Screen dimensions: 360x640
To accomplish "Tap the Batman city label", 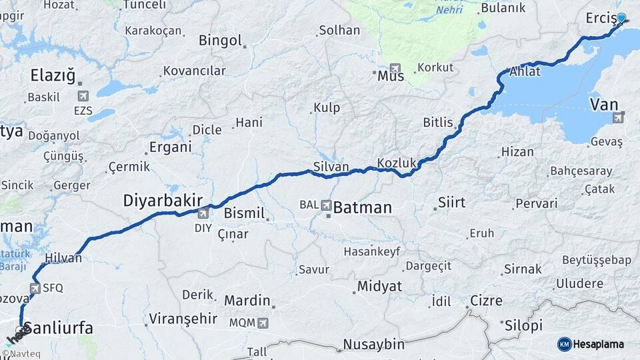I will point(362,207).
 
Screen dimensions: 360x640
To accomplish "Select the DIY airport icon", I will point(203,213).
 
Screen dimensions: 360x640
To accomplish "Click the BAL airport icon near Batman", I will point(327,205).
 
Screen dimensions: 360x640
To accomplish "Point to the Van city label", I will point(604,104).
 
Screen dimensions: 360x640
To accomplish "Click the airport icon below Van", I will point(618,118).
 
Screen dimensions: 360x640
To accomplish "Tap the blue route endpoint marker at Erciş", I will point(621,19).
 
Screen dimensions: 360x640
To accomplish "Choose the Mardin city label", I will point(247,301).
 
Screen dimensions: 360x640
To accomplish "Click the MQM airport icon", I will point(263,323).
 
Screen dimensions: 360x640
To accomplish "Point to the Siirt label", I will point(451,202).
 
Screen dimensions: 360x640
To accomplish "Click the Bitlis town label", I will point(438,123).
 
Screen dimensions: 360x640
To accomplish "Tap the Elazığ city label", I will point(53,75).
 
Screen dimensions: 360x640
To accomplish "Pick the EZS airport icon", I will point(83,97).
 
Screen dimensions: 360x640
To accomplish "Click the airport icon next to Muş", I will point(397,69).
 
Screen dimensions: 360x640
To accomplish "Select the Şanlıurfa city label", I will point(58,329).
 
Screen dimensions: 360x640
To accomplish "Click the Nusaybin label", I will point(374,345).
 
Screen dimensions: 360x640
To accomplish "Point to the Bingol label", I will point(220,41).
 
